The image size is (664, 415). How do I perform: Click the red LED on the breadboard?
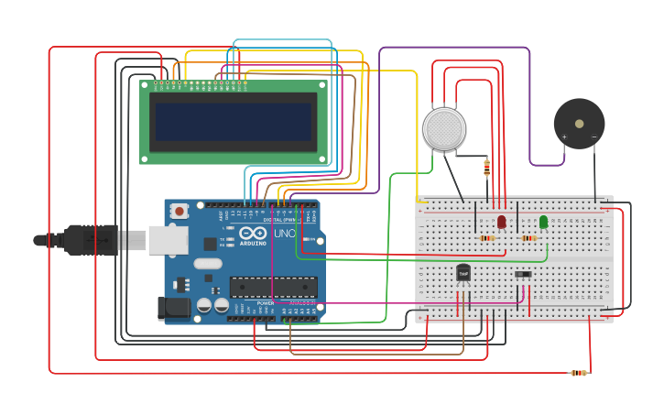coord(501,222)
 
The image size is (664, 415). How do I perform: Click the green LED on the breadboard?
coord(543,222)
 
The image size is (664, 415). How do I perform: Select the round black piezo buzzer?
coord(579,124)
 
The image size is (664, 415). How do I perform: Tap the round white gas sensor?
coord(444,128)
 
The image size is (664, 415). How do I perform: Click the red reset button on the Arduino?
coord(180,211)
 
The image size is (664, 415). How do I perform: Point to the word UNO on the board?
coord(284,234)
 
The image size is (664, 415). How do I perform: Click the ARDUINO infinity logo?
coord(252,234)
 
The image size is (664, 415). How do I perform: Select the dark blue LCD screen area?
coord(233,121)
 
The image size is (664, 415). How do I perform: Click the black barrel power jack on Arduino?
coord(173,308)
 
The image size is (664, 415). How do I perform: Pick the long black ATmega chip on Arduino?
coord(273,287)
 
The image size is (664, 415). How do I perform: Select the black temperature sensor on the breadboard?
coord(463,272)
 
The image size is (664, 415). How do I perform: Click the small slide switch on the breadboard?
coord(523,274)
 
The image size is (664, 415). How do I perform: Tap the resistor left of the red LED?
coord(487,238)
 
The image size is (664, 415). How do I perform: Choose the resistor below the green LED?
coord(528,238)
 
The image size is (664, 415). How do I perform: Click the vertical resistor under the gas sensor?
coord(486,167)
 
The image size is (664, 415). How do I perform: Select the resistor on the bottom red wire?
coord(578,373)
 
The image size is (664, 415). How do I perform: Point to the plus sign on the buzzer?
coord(564,137)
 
